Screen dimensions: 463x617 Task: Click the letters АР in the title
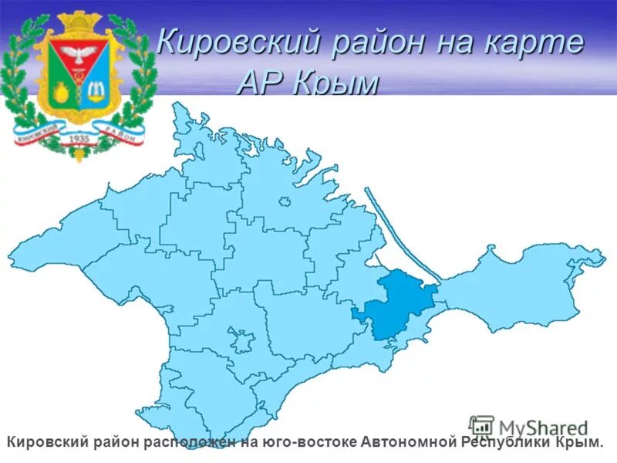[x=262, y=83]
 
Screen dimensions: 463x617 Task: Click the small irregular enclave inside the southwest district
[x=241, y=337]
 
